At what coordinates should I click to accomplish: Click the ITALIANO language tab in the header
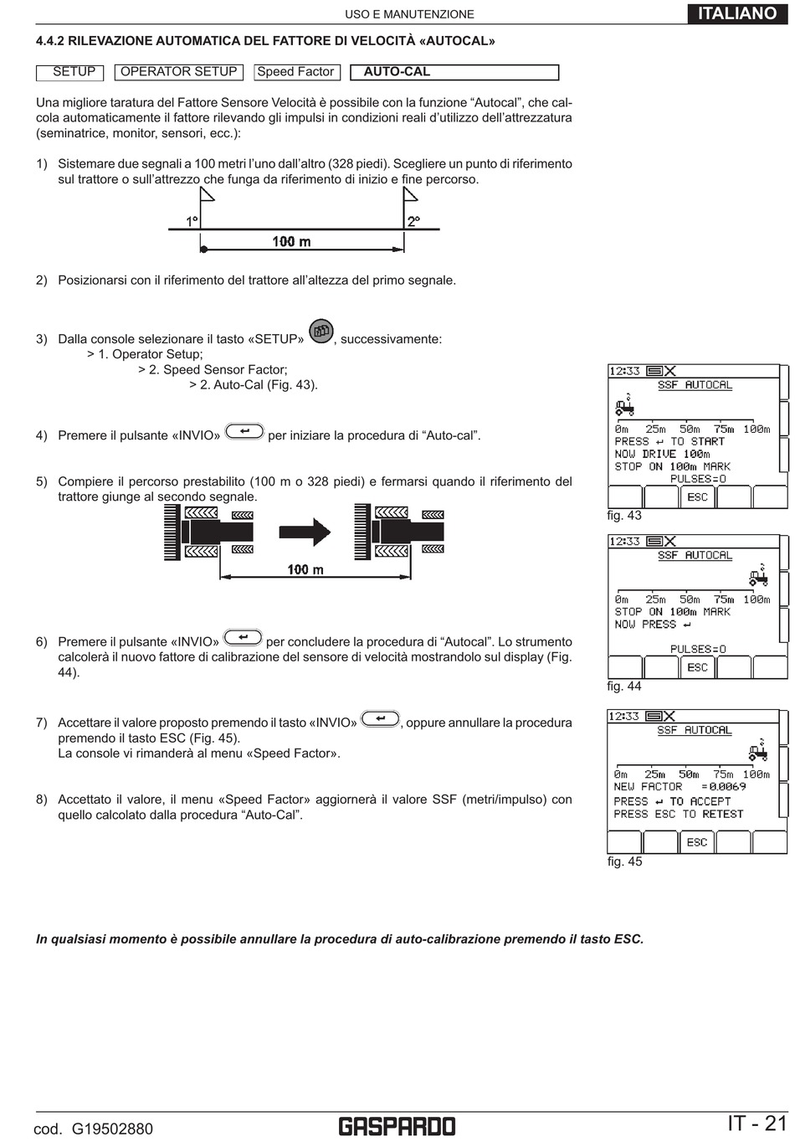point(737,13)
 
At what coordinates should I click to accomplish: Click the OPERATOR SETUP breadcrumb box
point(178,72)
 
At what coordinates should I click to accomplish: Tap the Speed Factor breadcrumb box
point(295,72)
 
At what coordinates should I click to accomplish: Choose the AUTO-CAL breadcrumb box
point(454,72)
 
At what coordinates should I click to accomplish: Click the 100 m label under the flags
point(291,242)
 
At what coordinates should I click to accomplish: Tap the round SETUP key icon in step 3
point(321,332)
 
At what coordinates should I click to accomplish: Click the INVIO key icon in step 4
point(244,431)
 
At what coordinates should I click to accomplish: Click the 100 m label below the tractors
point(305,570)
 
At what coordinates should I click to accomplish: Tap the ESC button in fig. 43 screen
point(697,497)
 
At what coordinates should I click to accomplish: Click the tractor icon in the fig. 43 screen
point(624,407)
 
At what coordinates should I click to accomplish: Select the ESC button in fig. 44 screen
point(697,667)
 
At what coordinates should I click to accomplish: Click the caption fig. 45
point(624,862)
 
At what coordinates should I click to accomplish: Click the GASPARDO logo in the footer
point(397,1127)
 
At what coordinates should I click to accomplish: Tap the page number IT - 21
point(757,1124)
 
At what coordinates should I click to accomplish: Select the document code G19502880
point(111,1129)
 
